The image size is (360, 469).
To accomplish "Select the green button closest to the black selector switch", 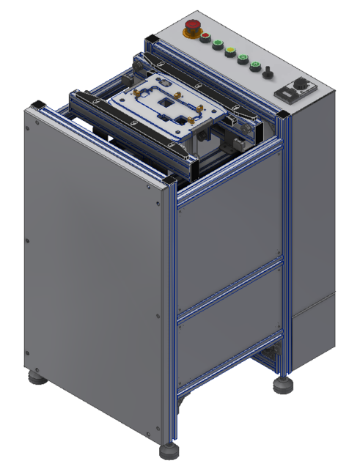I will click(255, 66).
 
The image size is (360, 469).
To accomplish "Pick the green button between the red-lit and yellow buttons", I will click(217, 43).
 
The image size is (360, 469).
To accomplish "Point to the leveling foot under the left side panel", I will click(34, 379).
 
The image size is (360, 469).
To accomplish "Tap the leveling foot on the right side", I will click(281, 384).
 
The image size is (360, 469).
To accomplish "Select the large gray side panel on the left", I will click(92, 271).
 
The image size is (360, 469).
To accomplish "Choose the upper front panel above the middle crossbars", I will click(229, 234).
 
